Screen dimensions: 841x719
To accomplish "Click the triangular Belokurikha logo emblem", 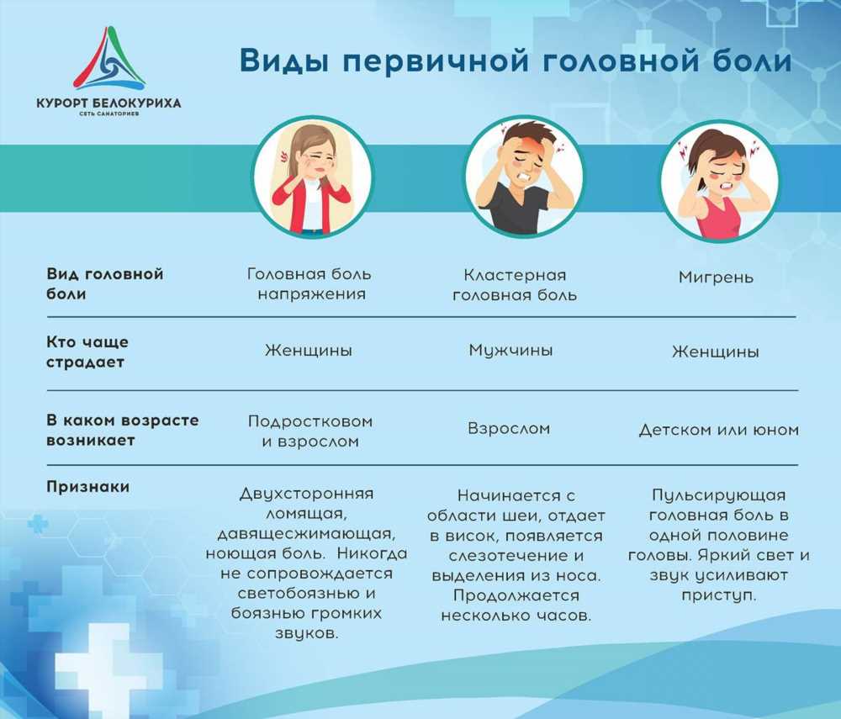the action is tap(109, 59).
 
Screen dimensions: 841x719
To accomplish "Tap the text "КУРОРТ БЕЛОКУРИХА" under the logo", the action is tap(108, 103).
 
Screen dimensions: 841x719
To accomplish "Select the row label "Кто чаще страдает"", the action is tap(87, 352).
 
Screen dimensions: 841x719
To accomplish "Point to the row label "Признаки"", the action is tap(88, 487).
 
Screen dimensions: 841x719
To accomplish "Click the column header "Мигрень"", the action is tap(716, 278).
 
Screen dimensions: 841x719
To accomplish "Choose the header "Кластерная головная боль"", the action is tap(515, 285).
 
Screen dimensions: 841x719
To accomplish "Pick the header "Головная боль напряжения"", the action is tap(309, 283).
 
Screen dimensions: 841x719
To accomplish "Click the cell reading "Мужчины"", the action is tap(510, 351).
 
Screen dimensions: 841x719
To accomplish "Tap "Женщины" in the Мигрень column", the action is tap(716, 352).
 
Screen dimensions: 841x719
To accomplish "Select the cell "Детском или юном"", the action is tap(719, 430).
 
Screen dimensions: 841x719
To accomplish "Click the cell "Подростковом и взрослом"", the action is tap(310, 431).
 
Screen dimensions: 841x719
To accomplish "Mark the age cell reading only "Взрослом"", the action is tap(509, 429).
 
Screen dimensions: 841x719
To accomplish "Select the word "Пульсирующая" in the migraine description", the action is tap(719, 495).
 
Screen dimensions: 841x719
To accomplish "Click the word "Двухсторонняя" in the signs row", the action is tap(306, 494).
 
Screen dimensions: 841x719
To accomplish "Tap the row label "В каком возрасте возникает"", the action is tap(122, 430).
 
